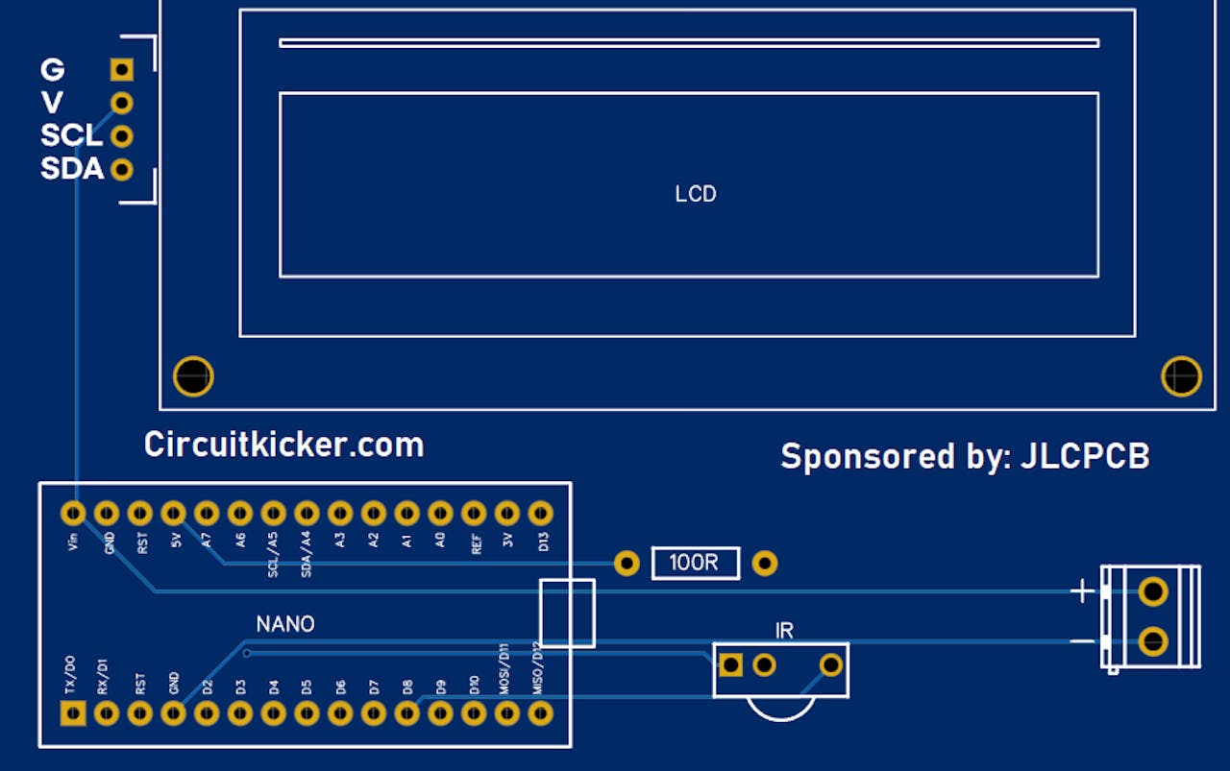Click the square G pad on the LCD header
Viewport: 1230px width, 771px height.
[x=121, y=69]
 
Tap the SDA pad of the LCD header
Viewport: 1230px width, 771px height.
[x=121, y=170]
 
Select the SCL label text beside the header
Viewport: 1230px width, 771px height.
[x=70, y=135]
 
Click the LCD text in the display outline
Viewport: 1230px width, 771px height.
[x=696, y=194]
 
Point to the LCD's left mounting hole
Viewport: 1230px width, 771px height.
[x=193, y=375]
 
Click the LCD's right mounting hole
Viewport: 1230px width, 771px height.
[x=1181, y=375]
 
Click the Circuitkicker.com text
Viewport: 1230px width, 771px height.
[x=283, y=445]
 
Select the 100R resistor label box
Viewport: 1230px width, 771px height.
[x=695, y=563]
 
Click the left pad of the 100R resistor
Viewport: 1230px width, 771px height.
[x=626, y=563]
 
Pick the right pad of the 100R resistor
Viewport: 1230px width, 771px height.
[x=765, y=563]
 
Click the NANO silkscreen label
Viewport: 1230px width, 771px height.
[x=285, y=624]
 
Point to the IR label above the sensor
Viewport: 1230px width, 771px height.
[x=784, y=631]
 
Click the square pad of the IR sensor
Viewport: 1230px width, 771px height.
[x=731, y=664]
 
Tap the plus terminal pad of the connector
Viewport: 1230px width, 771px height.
[x=1152, y=590]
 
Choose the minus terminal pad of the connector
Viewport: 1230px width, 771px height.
[x=1152, y=640]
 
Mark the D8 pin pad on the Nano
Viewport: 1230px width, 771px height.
[x=407, y=713]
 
